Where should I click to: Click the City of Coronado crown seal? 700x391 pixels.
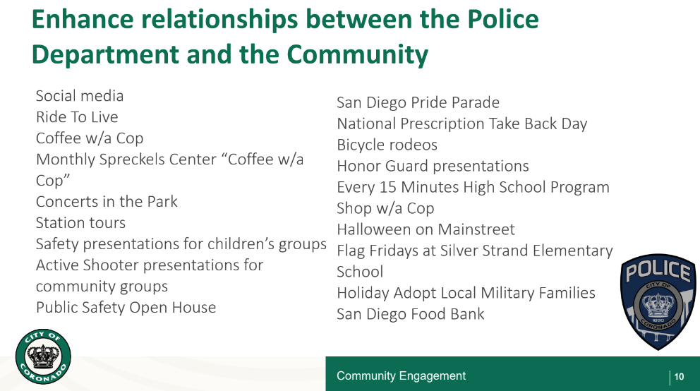tap(43, 356)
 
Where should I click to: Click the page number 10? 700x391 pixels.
tap(679, 377)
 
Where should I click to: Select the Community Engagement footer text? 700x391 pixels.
tap(401, 375)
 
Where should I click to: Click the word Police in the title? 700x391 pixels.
tap(503, 19)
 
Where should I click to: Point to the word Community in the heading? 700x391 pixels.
tap(357, 54)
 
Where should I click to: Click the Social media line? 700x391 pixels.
tap(80, 96)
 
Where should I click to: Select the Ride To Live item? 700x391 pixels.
tap(77, 117)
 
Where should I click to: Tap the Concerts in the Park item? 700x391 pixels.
tap(107, 202)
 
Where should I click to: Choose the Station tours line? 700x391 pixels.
tap(80, 223)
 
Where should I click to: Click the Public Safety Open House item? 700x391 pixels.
tap(126, 308)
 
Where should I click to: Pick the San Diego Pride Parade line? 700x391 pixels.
tap(418, 102)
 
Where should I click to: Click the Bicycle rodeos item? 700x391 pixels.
tap(387, 145)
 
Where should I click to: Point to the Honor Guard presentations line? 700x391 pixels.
tap(433, 166)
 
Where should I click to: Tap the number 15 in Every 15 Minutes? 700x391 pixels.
tap(387, 187)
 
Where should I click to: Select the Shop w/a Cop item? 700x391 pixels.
tap(385, 208)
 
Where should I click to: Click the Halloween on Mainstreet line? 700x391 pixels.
tap(426, 229)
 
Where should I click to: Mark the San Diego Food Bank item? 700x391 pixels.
tap(410, 314)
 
